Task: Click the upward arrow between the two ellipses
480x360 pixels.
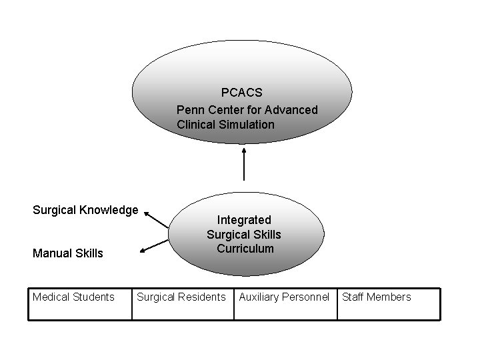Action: pyautogui.click(x=244, y=163)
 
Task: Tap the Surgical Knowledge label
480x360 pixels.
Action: pyautogui.click(x=85, y=210)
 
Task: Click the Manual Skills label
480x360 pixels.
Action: pyautogui.click(x=68, y=253)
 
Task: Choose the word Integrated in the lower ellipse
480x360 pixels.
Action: pyautogui.click(x=244, y=219)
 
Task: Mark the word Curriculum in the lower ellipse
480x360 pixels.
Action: pyautogui.click(x=245, y=249)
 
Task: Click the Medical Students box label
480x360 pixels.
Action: pyautogui.click(x=73, y=297)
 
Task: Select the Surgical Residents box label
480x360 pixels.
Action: pyautogui.click(x=181, y=297)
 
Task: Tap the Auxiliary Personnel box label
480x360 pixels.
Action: pyautogui.click(x=284, y=297)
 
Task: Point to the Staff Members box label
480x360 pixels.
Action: pyautogui.click(x=377, y=297)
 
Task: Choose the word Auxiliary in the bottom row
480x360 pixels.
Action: pyautogui.click(x=259, y=297)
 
